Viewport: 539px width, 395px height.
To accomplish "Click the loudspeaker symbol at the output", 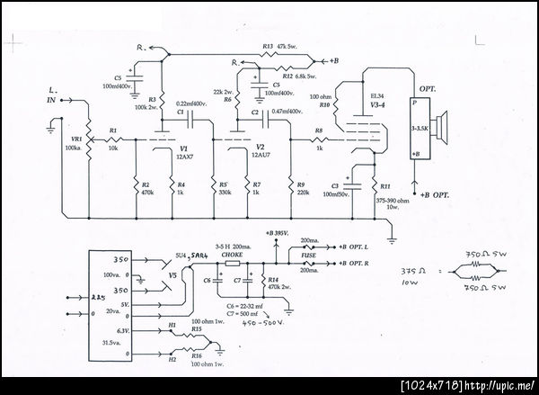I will pyautogui.click(x=443, y=131).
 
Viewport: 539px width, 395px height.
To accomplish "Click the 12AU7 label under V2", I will pyautogui.click(x=260, y=155).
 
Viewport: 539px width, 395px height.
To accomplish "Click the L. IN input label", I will pyautogui.click(x=51, y=97).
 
